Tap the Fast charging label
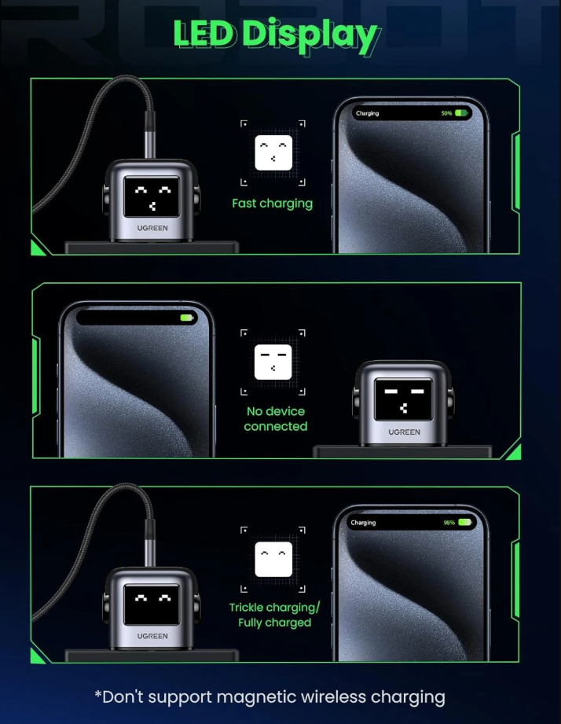coord(272,204)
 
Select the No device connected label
coord(276,419)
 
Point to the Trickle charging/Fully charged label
coord(274,615)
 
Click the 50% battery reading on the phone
coord(446,113)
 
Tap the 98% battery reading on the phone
coord(449,523)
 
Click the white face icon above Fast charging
coord(273,153)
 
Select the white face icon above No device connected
coord(273,362)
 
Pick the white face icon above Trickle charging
coord(273,559)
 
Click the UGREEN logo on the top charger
coord(152,228)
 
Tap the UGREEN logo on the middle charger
coord(404,432)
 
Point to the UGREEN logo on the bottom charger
coord(152,636)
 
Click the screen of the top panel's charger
coord(152,197)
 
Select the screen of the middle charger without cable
coord(404,400)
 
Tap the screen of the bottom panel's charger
coord(152,605)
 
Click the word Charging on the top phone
coord(367,113)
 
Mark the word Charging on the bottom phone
coord(363,523)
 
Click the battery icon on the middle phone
coord(187,318)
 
